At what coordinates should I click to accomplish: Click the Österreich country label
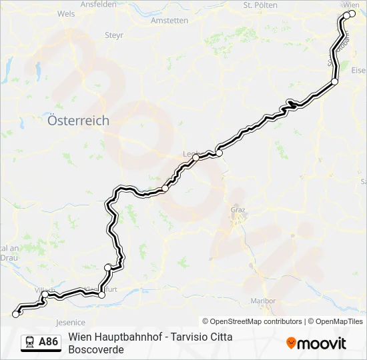[x=79, y=121]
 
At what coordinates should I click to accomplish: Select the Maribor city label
[x=260, y=301]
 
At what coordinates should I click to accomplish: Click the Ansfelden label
[x=98, y=3]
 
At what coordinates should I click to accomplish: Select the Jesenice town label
[x=71, y=322]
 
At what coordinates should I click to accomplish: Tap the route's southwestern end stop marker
[x=16, y=314]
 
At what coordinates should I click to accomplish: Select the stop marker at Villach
[x=45, y=294]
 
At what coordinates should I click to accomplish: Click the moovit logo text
[x=322, y=343]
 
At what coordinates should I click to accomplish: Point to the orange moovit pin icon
[x=291, y=343]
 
